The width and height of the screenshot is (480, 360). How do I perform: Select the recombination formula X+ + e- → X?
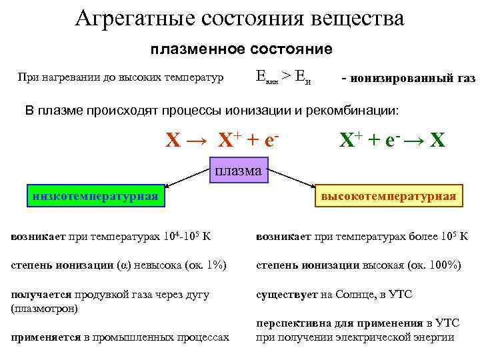pyautogui.click(x=391, y=140)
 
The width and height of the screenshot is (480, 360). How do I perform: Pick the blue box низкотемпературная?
pyautogui.click(x=94, y=195)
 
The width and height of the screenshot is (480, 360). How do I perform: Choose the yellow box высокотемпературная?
pyautogui.click(x=388, y=196)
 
